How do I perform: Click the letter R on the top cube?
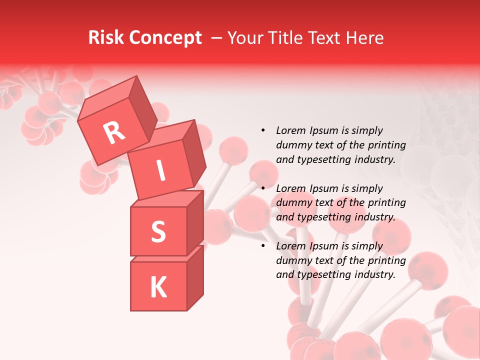[x=114, y=133]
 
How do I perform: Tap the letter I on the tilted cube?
[x=161, y=171]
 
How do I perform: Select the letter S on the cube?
[x=158, y=231]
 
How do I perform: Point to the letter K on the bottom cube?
[x=158, y=287]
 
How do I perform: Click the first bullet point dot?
[x=262, y=130]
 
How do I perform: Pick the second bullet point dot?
[x=262, y=188]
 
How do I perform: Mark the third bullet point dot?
[x=262, y=246]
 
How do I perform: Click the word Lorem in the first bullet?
[x=290, y=130]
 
